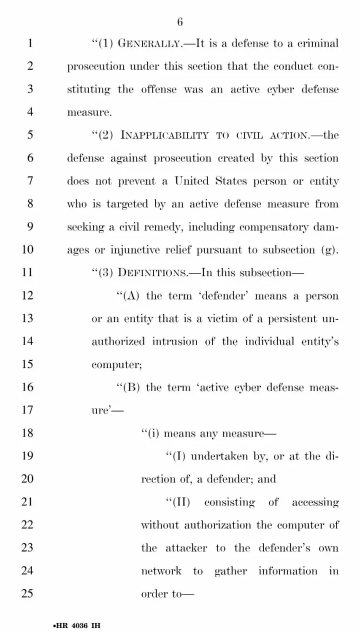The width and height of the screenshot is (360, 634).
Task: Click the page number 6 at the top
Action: (x=180, y=22)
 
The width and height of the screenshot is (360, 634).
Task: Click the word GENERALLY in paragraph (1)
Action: (x=154, y=43)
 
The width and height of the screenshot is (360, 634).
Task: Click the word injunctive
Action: (x=132, y=249)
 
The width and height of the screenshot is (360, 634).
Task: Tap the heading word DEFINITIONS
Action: (x=152, y=272)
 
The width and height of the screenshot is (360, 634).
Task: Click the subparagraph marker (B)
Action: (x=127, y=387)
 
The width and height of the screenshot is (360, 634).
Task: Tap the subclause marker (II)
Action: (x=178, y=502)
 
